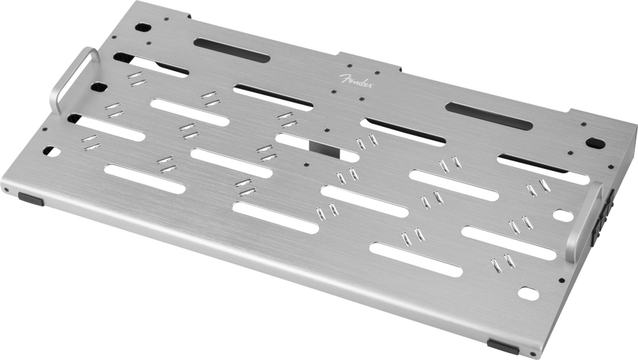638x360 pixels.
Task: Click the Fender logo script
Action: point(357,81)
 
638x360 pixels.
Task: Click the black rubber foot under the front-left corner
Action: point(31,199)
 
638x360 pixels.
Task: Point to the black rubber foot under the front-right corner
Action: point(503,347)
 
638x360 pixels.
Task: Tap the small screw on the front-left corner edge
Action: point(7,190)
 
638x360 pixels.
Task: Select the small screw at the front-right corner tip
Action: point(533,352)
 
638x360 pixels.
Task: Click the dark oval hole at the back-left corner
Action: point(143,28)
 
